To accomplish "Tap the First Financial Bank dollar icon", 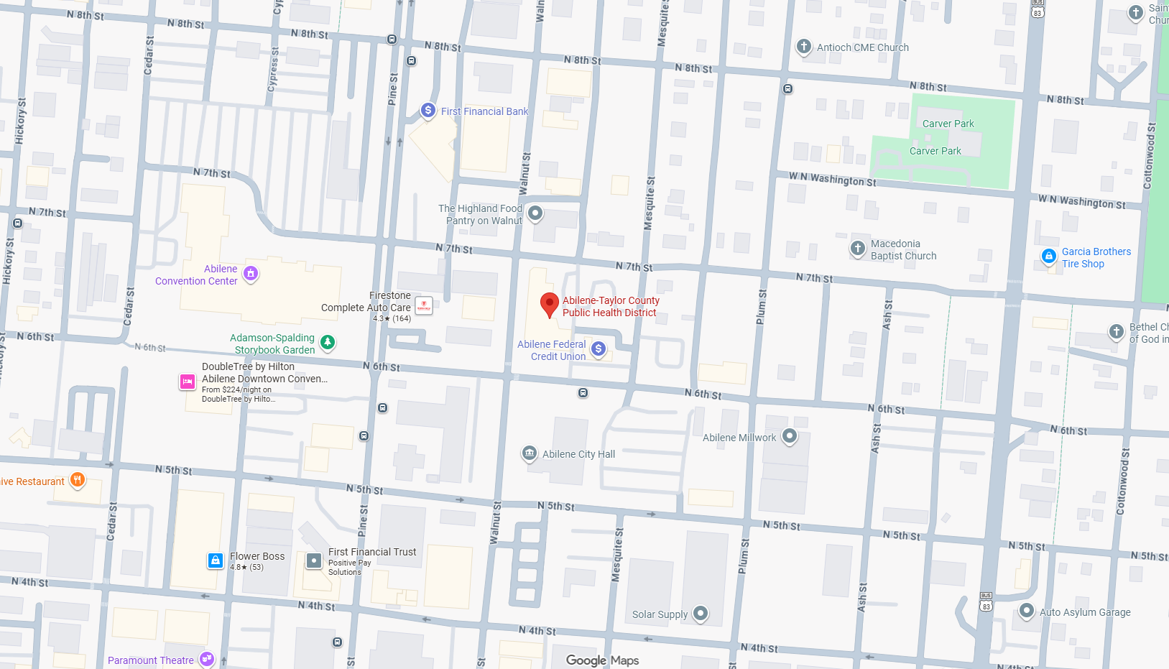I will point(428,110).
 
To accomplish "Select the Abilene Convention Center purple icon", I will point(251,273).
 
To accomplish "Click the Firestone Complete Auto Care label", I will point(366,302).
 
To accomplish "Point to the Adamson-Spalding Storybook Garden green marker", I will point(328,342).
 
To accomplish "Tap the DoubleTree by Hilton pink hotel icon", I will point(188,382).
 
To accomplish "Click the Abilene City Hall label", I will point(578,454).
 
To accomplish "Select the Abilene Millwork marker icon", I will point(790,435).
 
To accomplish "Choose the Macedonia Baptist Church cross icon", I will point(857,248).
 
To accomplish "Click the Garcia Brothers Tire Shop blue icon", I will point(1049,256).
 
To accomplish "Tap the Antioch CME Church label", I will point(862,47).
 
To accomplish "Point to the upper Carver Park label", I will point(948,124).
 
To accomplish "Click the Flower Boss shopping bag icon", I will point(216,560).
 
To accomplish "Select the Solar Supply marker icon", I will point(701,613).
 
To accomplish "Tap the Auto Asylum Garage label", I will point(1085,612).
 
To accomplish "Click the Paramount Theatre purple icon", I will point(207,659).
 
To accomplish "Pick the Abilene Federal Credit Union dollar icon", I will point(599,349).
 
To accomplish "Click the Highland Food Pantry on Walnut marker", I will point(535,213).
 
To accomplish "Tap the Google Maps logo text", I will point(602,660).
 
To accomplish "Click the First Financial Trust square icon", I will point(314,560).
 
